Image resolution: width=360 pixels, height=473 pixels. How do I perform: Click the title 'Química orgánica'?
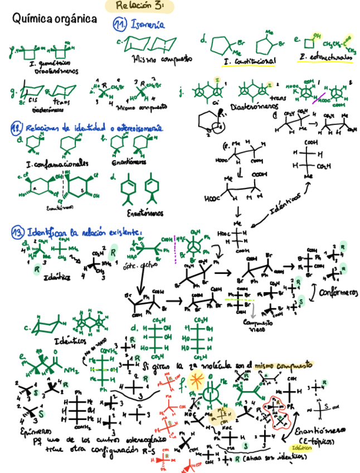coord(54,20)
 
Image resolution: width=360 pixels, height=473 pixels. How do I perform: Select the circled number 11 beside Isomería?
coord(119,25)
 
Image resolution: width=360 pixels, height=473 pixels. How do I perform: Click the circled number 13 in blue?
coord(17,231)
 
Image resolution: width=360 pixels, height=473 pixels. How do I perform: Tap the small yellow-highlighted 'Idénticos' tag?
coord(301,448)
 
